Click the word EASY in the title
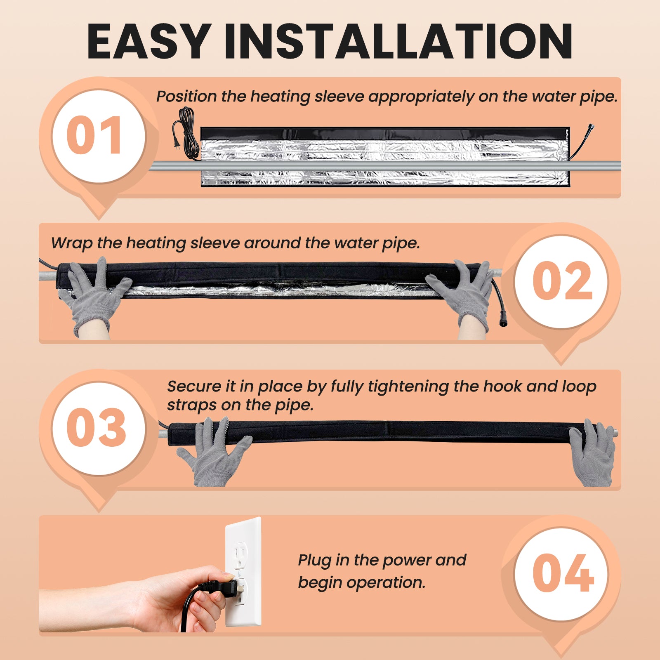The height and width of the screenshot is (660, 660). (149, 41)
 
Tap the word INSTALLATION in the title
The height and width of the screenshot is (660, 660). (399, 41)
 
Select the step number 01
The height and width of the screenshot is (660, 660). (94, 135)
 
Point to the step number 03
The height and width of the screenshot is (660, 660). (96, 427)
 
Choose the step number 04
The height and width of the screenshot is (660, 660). (563, 573)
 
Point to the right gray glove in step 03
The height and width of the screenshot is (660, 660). (592, 454)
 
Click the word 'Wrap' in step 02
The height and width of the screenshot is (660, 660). (71, 243)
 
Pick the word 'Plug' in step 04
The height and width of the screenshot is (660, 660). (315, 561)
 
